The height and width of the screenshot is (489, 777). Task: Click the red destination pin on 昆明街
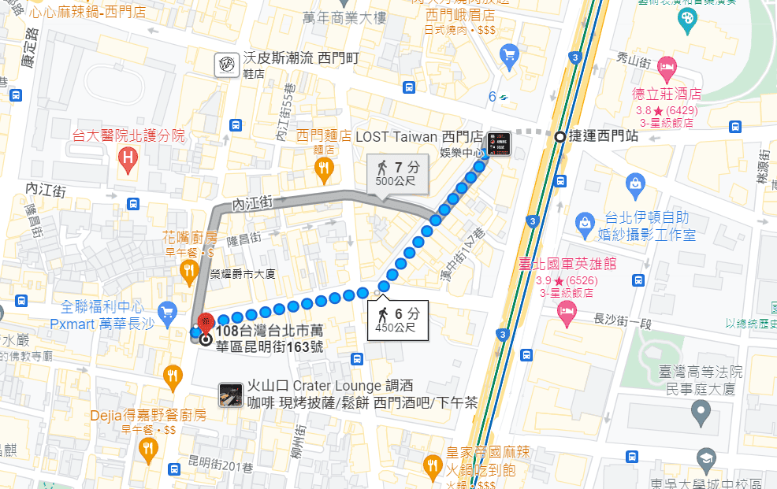tap(205, 323)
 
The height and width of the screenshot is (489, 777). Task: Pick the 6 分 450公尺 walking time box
tap(398, 319)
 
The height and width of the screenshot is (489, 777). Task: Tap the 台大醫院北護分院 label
tap(128, 135)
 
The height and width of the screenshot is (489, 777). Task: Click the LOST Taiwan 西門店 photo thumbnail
tap(498, 143)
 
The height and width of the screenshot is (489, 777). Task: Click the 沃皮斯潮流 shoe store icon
tap(227, 64)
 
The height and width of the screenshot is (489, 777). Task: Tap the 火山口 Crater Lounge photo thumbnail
tap(230, 395)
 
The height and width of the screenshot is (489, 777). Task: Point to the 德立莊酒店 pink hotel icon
tap(667, 69)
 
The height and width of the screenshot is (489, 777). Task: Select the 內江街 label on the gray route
tap(252, 203)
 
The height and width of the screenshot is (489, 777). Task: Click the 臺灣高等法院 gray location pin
tap(700, 409)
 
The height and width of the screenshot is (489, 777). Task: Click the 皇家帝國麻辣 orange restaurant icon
tap(432, 465)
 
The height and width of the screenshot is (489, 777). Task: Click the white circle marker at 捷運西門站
tap(560, 136)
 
